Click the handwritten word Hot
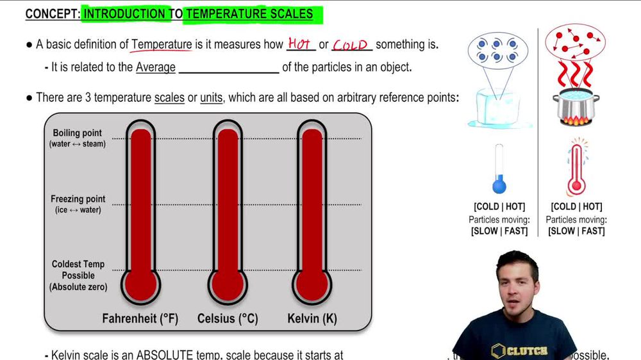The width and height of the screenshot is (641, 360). pos(299,44)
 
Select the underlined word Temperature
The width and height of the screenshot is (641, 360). pos(162,45)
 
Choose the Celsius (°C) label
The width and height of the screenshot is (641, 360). pos(228,318)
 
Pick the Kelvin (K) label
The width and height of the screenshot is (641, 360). pos(313,318)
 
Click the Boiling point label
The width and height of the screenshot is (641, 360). pos(77,133)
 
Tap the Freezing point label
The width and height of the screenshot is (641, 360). pos(78,199)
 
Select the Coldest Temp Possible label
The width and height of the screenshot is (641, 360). pos(78,270)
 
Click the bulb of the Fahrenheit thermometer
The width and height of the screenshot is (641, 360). pos(140,285)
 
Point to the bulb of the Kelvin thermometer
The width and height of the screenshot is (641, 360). pos(313,285)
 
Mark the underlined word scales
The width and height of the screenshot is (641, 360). pos(169,98)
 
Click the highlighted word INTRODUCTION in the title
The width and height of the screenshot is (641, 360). pos(127,13)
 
